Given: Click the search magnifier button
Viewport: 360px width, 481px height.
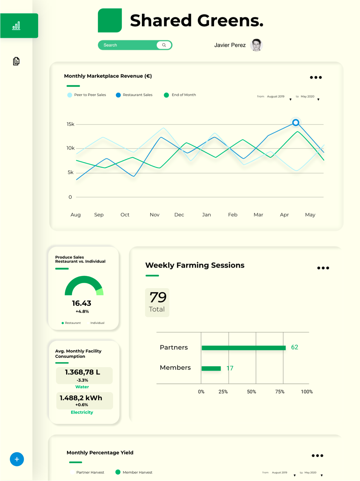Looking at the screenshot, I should [x=164, y=45].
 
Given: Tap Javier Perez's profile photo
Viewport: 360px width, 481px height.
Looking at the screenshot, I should [x=256, y=45].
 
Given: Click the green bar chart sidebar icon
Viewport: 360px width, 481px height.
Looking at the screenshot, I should [x=16, y=26].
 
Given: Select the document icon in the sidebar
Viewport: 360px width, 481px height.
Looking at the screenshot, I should [x=16, y=61].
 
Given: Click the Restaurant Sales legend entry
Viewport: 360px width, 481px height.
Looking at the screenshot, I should [x=134, y=95].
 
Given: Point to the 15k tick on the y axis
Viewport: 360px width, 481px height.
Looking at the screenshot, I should [x=71, y=124].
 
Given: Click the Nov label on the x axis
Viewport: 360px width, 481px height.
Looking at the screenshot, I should [x=155, y=215].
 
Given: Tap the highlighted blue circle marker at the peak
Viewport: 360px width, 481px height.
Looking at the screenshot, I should [x=296, y=122].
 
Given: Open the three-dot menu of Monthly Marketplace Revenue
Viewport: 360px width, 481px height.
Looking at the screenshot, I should [x=316, y=78].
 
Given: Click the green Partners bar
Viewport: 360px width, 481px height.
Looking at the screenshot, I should [x=244, y=348].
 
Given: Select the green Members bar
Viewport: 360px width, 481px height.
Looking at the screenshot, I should [x=211, y=369].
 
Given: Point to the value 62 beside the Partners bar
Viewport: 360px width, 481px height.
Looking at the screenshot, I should [x=294, y=347].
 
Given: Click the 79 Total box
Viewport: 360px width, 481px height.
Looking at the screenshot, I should [x=157, y=302].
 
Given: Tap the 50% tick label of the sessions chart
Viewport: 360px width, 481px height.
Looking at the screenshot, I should [x=251, y=392].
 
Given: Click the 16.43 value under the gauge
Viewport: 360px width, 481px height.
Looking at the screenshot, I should [x=82, y=303].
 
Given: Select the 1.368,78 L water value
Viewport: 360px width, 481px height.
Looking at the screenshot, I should [x=83, y=372].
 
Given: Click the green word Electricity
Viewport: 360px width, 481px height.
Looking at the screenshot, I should [x=82, y=412].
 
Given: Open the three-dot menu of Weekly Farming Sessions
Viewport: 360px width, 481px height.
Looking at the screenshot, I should [x=323, y=268].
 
